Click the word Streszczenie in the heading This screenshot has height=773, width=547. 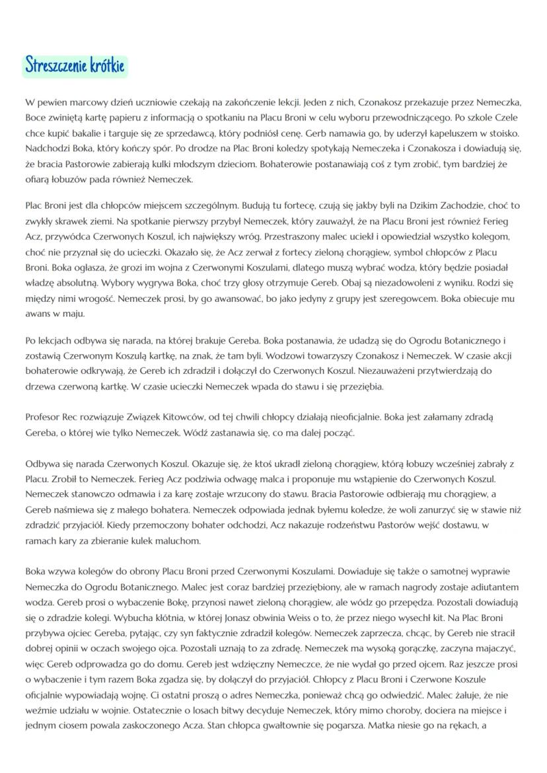55,66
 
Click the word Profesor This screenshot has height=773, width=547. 44,418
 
